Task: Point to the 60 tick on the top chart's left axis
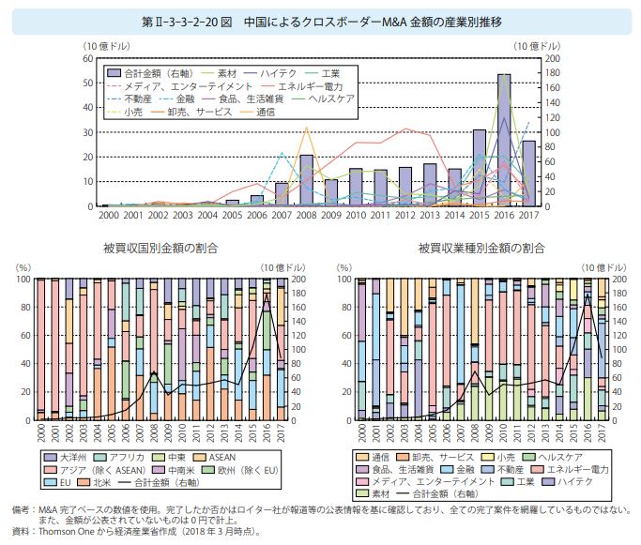(87, 58)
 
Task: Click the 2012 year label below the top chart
(404, 216)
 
